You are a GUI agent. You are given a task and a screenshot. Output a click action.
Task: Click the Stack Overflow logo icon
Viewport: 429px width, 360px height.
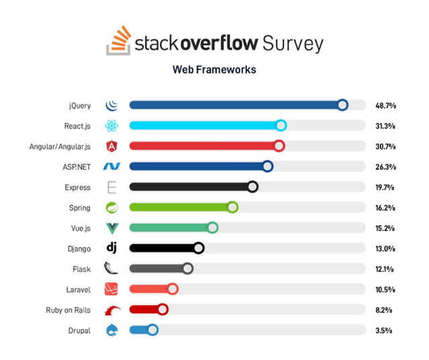coord(118,41)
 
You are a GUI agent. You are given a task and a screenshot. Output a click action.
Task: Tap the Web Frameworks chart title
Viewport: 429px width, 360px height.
coord(214,69)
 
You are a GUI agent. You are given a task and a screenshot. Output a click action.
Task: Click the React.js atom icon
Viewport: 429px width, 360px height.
coord(112,126)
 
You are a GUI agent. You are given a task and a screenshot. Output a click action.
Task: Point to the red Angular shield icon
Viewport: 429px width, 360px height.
coord(112,147)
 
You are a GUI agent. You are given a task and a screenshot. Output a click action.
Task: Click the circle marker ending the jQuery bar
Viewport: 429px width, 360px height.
coord(342,105)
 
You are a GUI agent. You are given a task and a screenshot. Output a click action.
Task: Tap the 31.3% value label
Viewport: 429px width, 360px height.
coord(385,126)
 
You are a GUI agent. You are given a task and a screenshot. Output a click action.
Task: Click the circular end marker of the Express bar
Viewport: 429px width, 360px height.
coord(252,187)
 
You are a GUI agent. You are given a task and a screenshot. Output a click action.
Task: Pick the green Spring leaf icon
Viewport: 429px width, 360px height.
coord(112,208)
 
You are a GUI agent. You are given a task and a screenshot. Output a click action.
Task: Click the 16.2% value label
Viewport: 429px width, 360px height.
coord(385,208)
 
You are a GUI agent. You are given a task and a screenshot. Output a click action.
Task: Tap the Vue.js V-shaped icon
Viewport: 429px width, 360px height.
coord(112,228)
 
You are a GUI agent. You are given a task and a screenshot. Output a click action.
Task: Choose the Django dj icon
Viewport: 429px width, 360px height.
coord(112,248)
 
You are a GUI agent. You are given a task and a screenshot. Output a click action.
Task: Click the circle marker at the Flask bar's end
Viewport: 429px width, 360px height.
coord(188,269)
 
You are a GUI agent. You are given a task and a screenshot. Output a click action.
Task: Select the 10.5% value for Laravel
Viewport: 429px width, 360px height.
coord(385,289)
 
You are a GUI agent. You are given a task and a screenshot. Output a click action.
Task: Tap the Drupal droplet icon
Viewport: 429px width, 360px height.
coord(112,330)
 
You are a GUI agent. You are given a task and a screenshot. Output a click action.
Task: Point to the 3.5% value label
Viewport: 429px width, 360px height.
coord(385,330)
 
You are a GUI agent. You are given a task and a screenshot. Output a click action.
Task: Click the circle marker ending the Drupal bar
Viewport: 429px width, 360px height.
coord(153,330)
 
